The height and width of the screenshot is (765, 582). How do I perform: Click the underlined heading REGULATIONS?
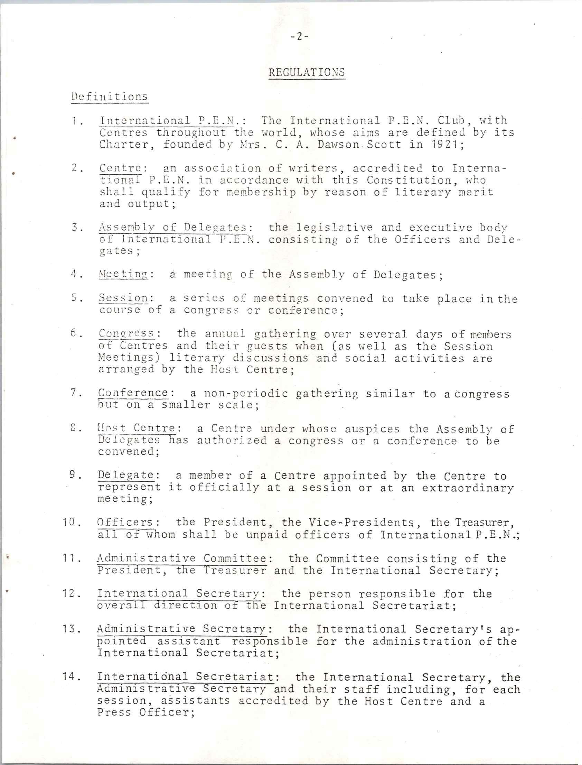tap(307, 72)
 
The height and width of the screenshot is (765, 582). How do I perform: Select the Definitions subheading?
tap(110, 96)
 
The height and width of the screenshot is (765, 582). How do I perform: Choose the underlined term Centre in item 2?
tap(120, 168)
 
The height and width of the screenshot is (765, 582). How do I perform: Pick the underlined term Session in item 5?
tap(123, 298)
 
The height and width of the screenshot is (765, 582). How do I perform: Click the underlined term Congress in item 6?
tap(126, 333)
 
